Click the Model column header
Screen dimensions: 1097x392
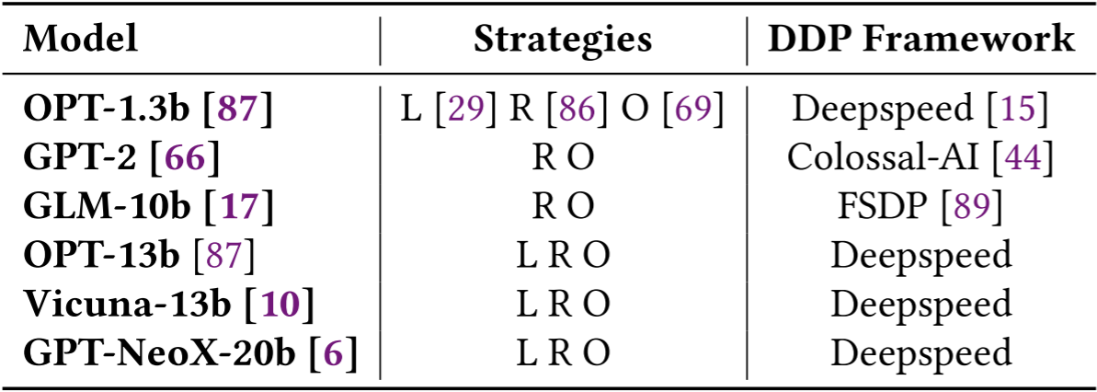click(x=81, y=39)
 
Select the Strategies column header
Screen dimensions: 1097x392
click(x=563, y=39)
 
